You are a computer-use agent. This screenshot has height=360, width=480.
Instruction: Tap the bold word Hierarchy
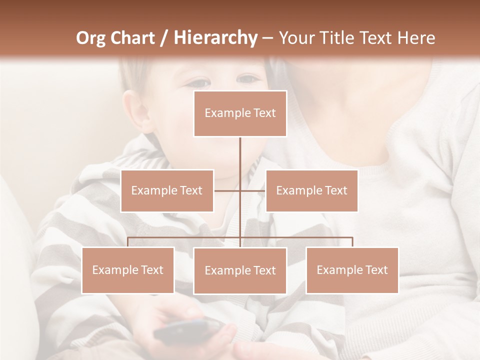(x=215, y=38)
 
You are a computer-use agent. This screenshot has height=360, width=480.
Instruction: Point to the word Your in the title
(x=296, y=38)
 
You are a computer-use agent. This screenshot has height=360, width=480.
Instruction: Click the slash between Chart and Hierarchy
(x=163, y=38)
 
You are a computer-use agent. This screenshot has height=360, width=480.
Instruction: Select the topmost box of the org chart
(x=240, y=113)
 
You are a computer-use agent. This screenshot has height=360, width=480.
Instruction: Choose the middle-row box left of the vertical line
(x=166, y=190)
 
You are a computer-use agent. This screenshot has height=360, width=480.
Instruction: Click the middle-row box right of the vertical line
(x=311, y=190)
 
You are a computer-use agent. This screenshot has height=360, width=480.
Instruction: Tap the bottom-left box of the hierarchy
(x=127, y=270)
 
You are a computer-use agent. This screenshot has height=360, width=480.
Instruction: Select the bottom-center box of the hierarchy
(x=240, y=270)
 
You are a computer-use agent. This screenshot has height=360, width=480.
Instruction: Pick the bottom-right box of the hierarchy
(x=352, y=270)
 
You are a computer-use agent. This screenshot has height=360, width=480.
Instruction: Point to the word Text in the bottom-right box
(x=376, y=270)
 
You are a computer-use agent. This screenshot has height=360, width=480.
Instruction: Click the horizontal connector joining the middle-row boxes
(x=252, y=190)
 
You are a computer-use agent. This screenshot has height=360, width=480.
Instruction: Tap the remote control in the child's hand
(x=187, y=331)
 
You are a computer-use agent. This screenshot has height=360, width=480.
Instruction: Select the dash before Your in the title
(x=268, y=38)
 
